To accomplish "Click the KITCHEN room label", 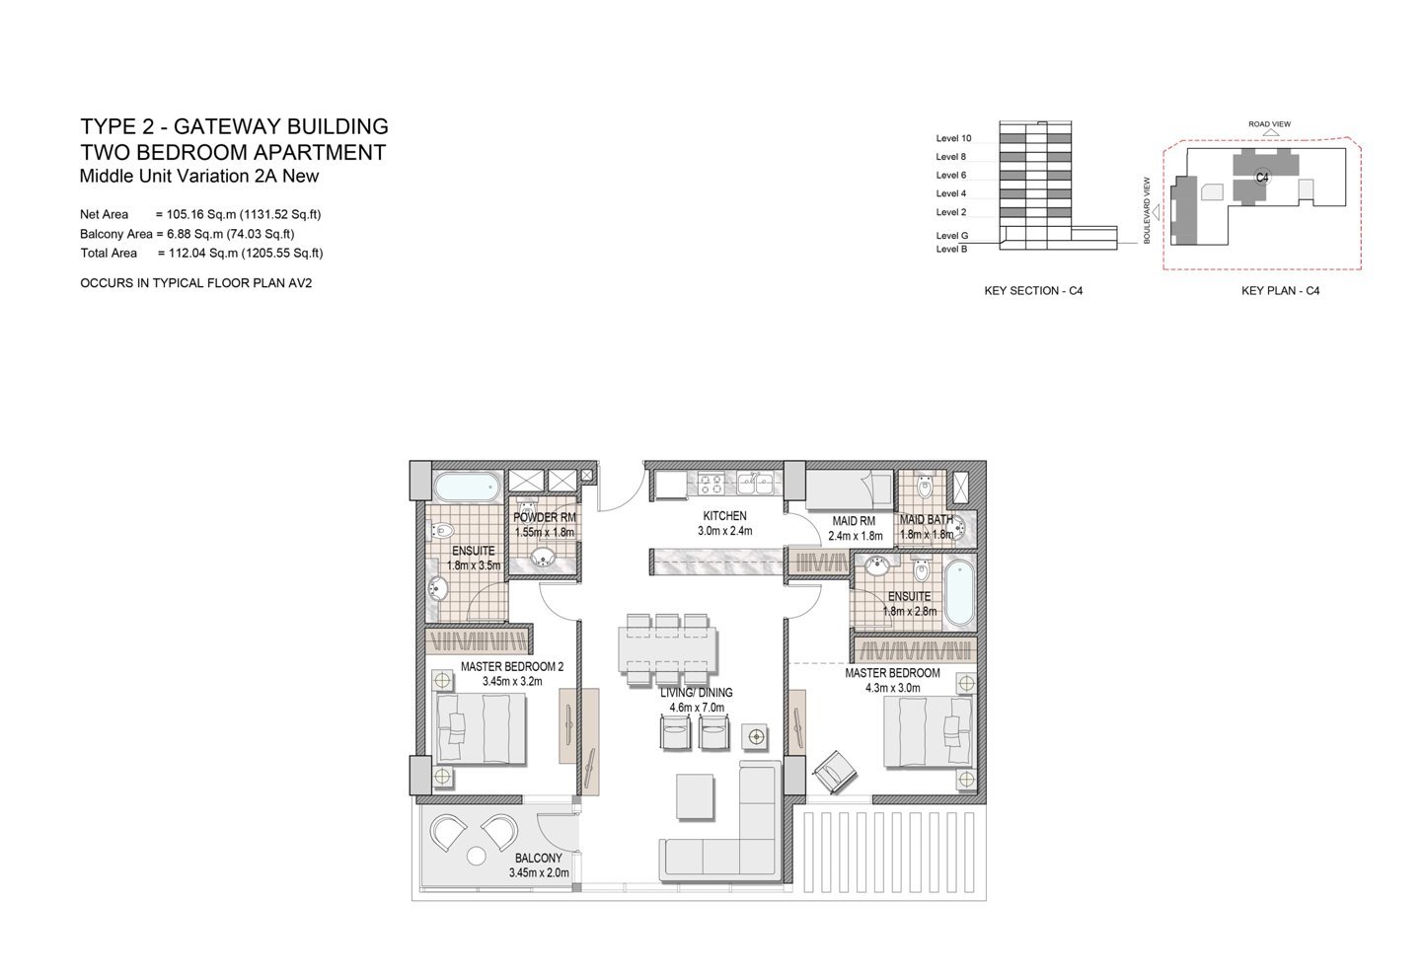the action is (724, 516).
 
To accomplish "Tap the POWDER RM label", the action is (545, 518).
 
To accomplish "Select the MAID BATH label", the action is (927, 520).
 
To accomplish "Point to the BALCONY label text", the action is (538, 858).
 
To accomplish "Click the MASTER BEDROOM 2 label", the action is (512, 667).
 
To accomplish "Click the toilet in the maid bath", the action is (925, 487).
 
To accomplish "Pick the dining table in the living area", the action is (668, 649).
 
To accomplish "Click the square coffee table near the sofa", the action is (695, 796).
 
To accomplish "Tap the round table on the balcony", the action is (476, 857).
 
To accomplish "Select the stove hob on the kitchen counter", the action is (711, 484).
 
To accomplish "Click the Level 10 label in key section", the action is (953, 138).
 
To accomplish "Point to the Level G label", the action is (951, 236).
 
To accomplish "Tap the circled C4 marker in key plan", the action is (1261, 178).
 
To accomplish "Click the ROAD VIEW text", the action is (1269, 124).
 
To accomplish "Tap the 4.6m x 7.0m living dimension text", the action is (697, 708).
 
